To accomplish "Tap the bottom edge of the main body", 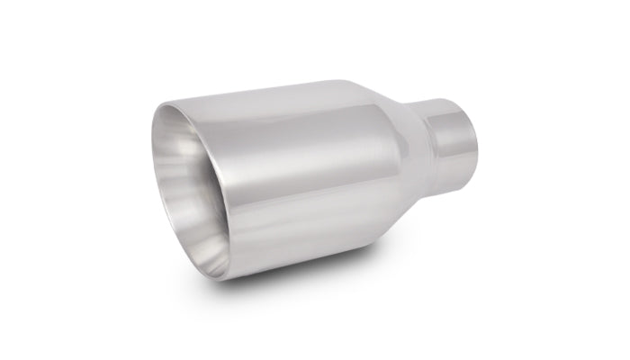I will [306, 254].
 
